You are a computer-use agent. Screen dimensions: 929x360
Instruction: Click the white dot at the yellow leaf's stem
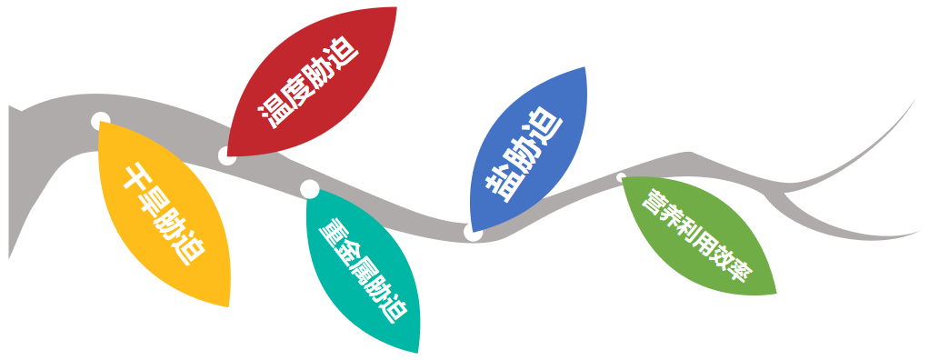click(101, 120)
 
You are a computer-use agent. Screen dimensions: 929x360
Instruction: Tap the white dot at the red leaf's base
click(227, 155)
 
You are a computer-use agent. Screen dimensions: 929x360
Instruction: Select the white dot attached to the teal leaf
click(309, 189)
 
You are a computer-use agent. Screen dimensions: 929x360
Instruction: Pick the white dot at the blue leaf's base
click(473, 232)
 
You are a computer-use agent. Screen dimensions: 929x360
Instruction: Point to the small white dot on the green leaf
click(622, 177)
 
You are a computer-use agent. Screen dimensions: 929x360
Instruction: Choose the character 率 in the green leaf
click(736, 269)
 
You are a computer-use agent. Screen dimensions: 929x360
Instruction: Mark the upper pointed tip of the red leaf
click(396, 8)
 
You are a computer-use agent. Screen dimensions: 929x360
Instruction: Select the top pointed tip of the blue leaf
click(584, 67)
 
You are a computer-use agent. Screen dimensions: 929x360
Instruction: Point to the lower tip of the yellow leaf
click(227, 305)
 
